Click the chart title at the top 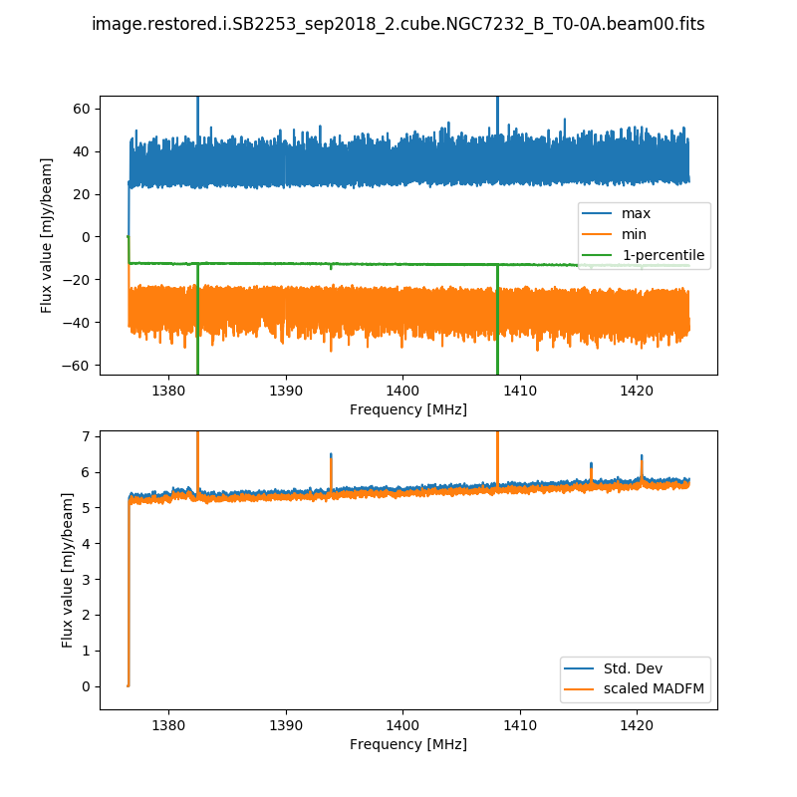click(398, 24)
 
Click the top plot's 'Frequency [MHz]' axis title click(408, 409)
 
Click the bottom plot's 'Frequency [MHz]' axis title click(408, 744)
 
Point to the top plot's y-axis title click(48, 235)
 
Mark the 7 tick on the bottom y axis click(88, 436)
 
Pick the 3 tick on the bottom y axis click(88, 580)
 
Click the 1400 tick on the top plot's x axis click(402, 389)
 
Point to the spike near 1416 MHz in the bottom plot click(591, 467)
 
